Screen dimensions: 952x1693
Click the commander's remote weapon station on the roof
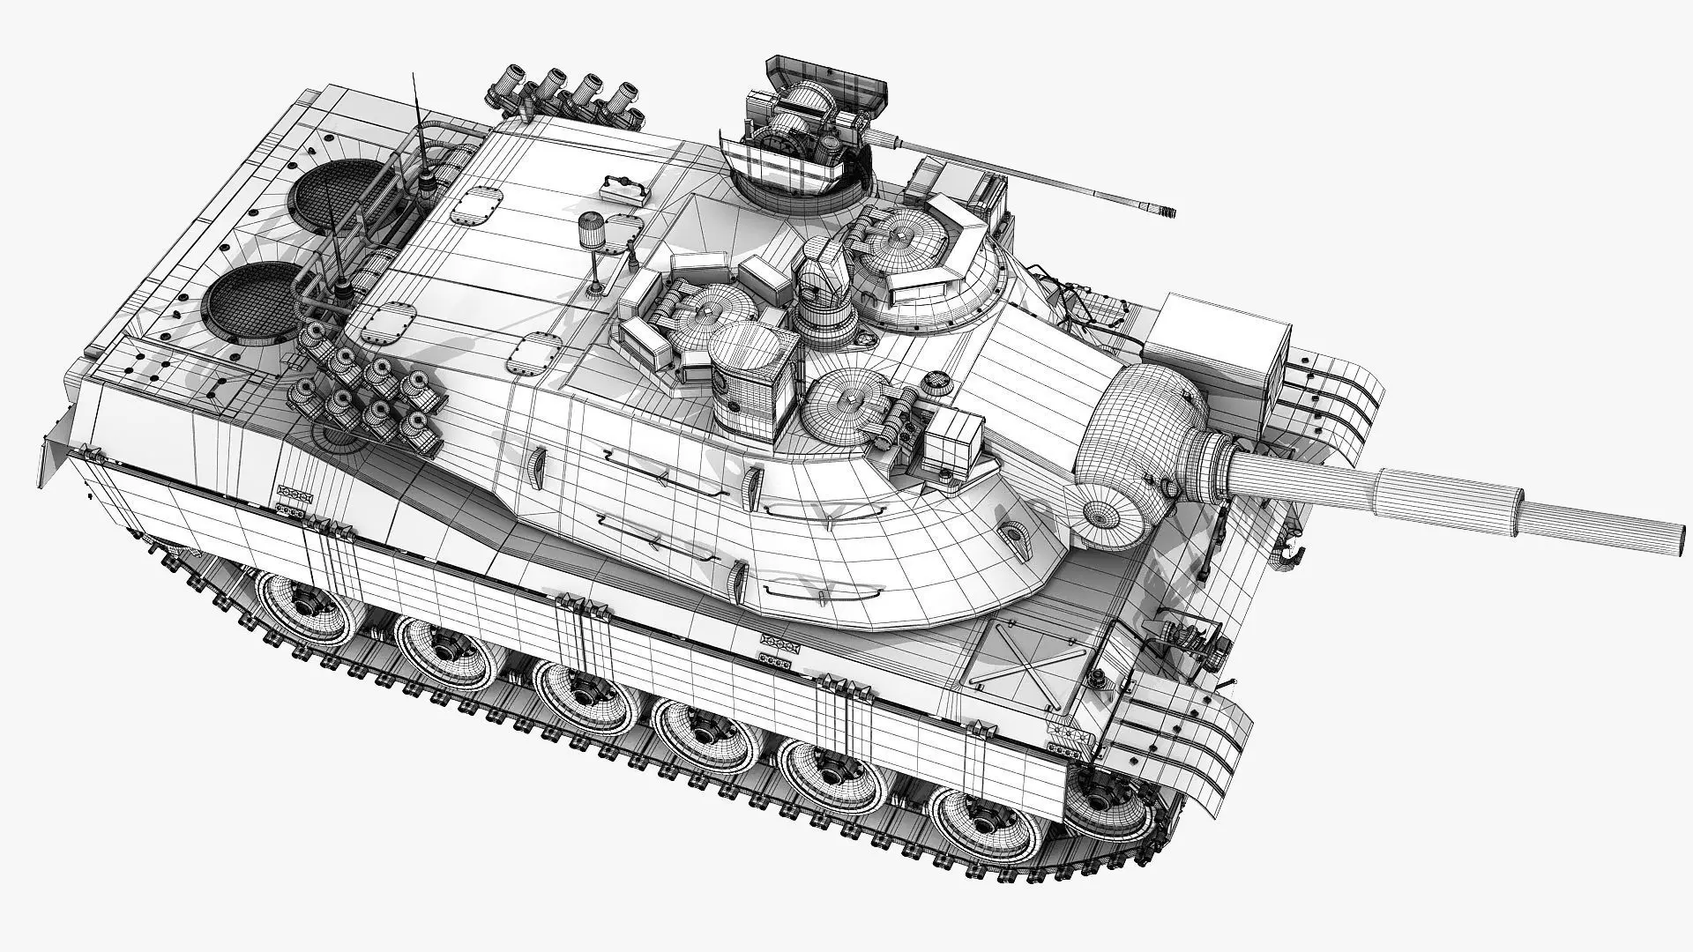click(x=807, y=132)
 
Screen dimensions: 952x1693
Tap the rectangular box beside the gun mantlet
click(x=1226, y=339)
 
